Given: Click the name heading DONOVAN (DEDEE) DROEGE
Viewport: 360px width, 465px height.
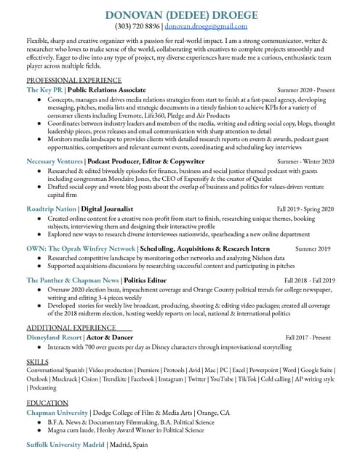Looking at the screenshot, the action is point(181,15).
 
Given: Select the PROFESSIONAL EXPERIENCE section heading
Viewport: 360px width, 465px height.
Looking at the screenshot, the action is point(73,80).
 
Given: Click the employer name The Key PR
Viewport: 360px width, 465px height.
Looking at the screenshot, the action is point(44,89).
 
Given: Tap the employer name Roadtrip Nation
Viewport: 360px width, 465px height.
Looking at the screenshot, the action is point(51,209).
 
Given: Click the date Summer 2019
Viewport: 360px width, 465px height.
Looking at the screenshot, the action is point(313,248).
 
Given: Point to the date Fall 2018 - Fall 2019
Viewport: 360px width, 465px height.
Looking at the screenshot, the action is point(309,280).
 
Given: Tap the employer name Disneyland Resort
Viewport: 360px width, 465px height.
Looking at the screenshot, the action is point(53,338).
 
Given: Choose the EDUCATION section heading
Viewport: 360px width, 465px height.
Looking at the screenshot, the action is point(47,403).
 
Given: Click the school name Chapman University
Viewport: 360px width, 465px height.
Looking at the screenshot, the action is point(56,413).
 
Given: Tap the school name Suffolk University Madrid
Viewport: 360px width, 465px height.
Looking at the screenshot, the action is point(65,443).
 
